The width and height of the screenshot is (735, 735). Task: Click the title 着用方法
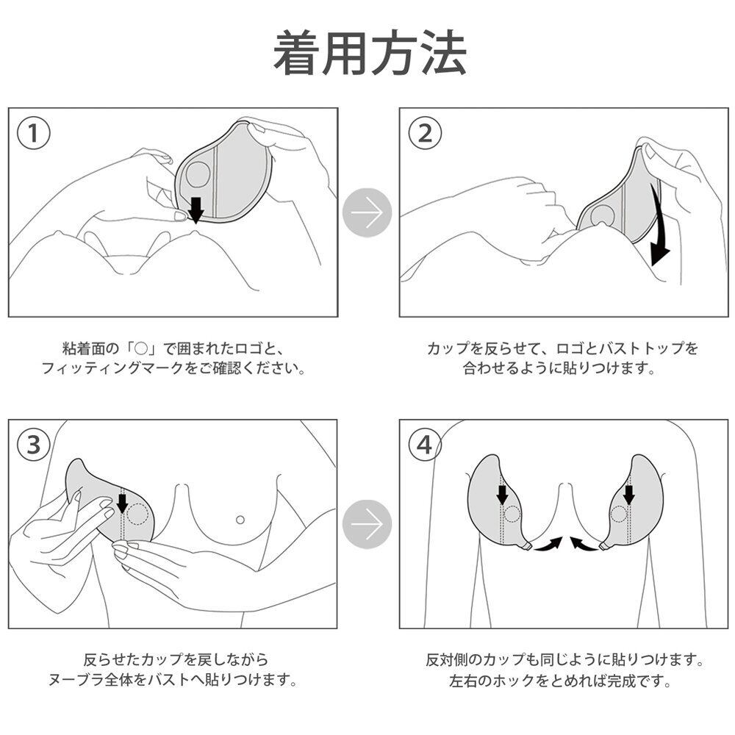coord(370,53)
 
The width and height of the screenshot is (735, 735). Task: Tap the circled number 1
coord(32,134)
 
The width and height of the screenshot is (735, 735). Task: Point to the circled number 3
coord(32,444)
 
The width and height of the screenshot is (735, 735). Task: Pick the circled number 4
coord(424,444)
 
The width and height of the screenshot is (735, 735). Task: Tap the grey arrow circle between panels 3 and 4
coord(367,524)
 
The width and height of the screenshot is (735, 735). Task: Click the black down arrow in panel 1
coord(195,208)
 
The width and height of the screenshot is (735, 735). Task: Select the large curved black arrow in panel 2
coord(659,228)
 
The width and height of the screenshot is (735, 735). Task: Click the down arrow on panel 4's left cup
coord(502,493)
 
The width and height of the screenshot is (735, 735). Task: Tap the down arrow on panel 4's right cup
coord(628,493)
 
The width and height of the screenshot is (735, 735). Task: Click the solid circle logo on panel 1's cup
coord(198,174)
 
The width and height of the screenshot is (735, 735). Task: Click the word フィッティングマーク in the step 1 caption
coord(110,368)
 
